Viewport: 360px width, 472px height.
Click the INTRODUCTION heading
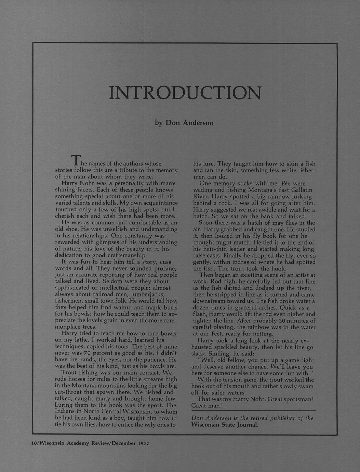tap(185, 93)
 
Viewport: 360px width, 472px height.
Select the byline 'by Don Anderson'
tap(184, 123)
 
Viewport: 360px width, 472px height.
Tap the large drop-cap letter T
tap(76, 160)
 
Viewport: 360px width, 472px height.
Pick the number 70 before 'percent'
tap(87, 353)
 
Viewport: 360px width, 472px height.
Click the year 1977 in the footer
tap(143, 443)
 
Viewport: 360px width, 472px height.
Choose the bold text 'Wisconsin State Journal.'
tap(225, 425)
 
